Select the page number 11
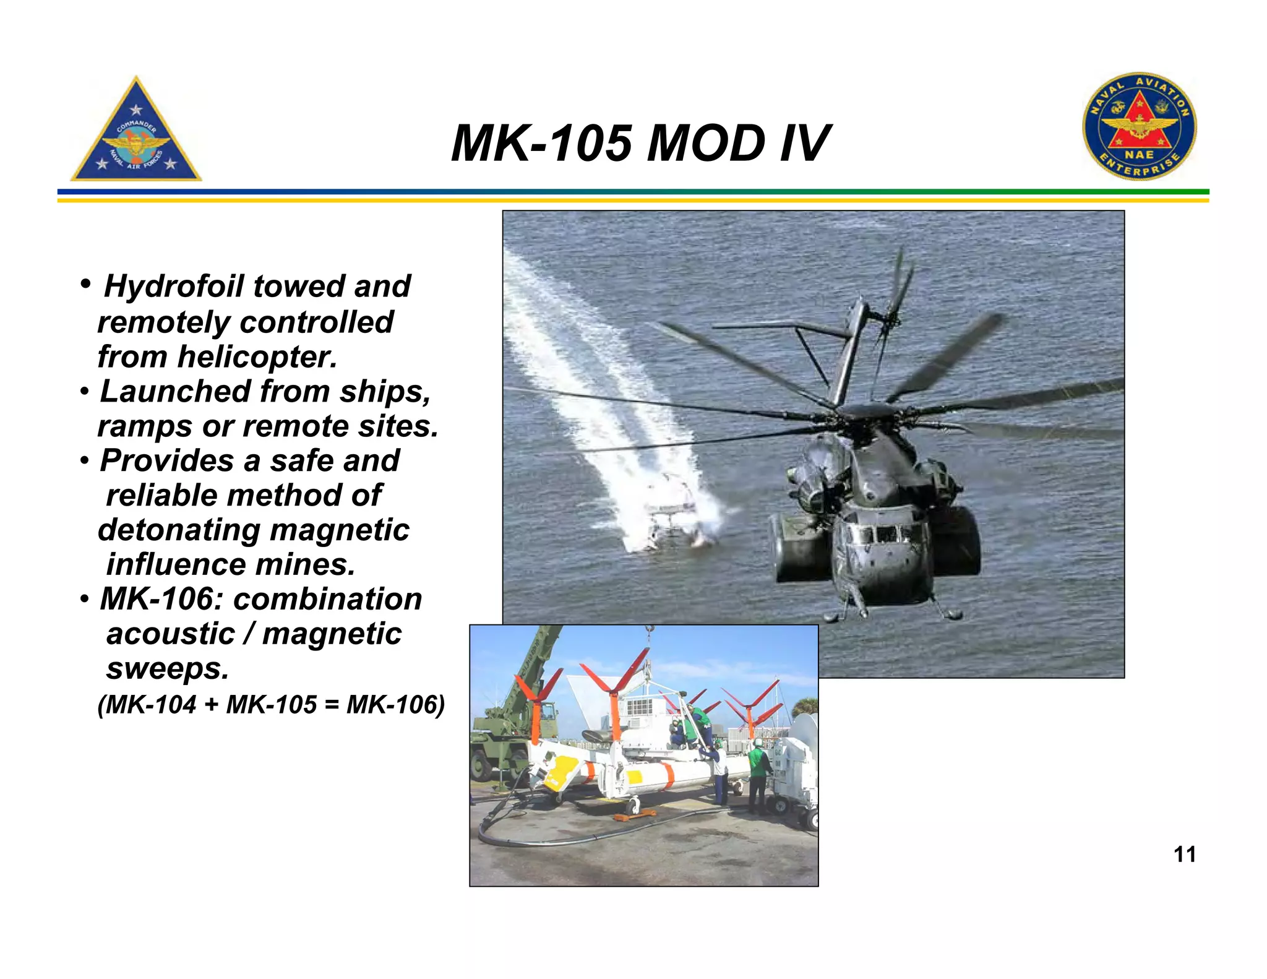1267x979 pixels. click(x=1184, y=855)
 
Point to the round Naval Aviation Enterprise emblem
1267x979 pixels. click(x=1139, y=126)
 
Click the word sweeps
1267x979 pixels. click(x=167, y=669)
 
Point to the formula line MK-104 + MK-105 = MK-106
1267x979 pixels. click(x=271, y=705)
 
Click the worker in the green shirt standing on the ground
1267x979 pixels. click(x=758, y=774)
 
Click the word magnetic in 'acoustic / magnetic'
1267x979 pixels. click(x=332, y=634)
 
